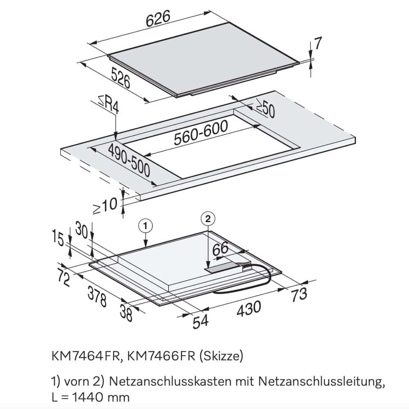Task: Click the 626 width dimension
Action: pos(158,18)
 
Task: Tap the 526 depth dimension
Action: pos(121,77)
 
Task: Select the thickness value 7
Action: pos(318,43)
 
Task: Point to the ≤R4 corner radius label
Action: pos(109,104)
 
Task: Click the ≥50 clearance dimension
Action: pos(265,108)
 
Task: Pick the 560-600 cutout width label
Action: pos(201,133)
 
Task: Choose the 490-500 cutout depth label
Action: pos(129,160)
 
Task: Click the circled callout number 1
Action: pos(146,226)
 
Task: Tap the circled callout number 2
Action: pos(208,219)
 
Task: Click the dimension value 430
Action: pos(249,308)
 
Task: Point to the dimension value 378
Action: pos(97,297)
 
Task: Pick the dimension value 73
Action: pos(299,294)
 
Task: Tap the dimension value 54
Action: pos(200,321)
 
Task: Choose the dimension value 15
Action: pos(58,238)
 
